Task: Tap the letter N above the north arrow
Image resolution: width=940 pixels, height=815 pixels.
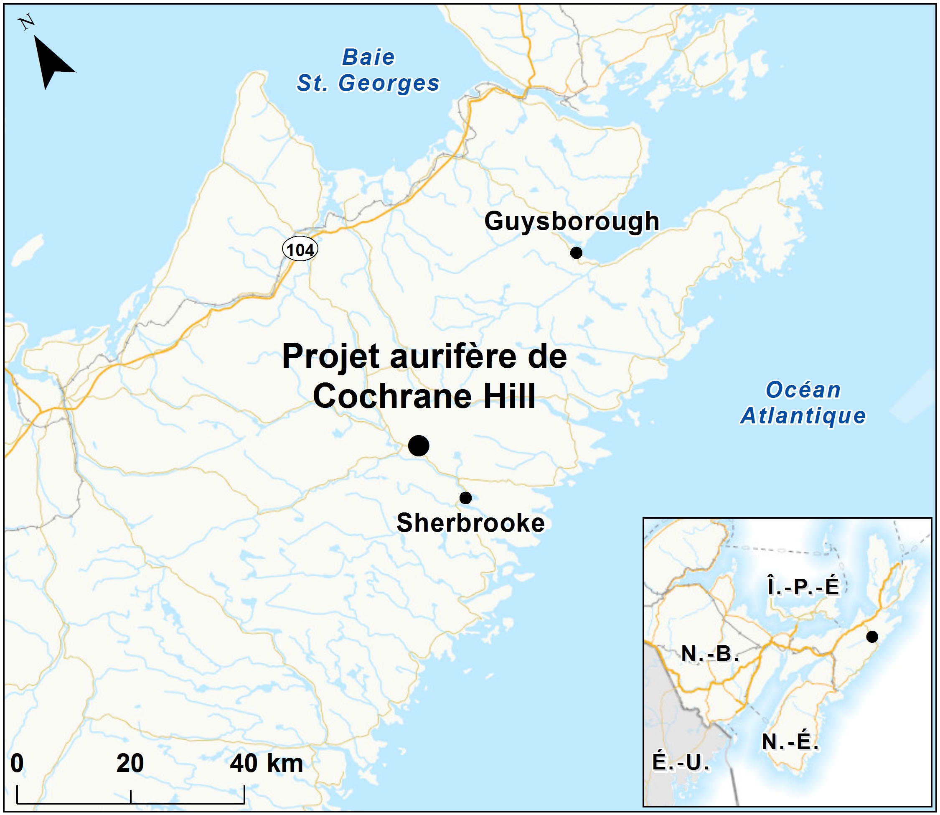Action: point(27,21)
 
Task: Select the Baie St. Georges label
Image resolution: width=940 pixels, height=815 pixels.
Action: point(368,71)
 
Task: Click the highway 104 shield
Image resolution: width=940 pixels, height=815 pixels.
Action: point(300,250)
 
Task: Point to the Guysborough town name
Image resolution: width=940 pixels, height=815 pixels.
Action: point(572,222)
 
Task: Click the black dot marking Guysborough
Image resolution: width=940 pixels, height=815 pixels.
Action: point(576,252)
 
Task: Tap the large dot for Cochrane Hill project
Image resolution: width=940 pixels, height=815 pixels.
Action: point(419,445)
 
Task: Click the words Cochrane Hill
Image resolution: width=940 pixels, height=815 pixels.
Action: point(424,396)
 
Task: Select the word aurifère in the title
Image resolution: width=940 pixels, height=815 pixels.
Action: point(453,356)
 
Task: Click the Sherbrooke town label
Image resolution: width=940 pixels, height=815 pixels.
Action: point(470,522)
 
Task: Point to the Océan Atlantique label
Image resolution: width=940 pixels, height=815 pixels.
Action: point(803,403)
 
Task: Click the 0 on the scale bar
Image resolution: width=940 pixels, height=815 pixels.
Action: point(17,763)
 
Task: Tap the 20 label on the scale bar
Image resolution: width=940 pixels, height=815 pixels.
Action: point(130,763)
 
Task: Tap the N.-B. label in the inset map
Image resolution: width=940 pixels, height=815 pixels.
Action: point(709,654)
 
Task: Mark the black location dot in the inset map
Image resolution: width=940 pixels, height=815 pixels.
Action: point(872,637)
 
